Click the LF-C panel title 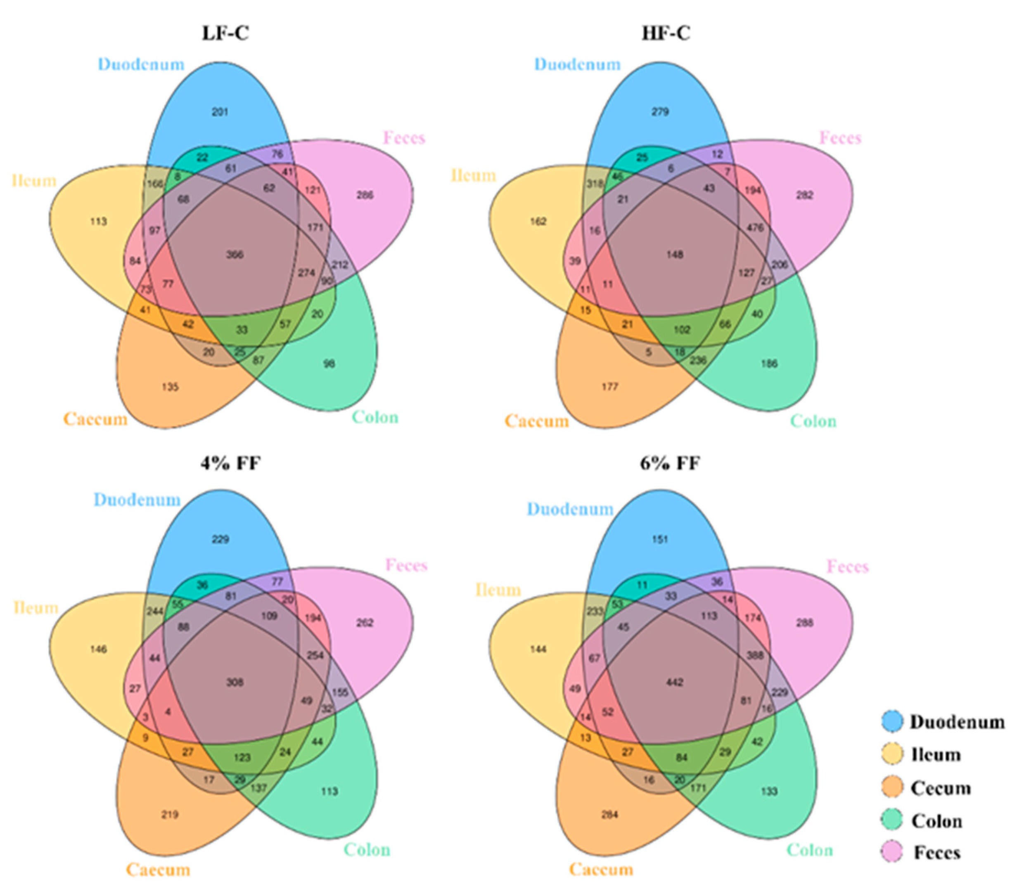click(225, 33)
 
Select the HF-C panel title click(666, 33)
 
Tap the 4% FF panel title click(230, 463)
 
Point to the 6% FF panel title click(670, 463)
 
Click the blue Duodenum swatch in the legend click(892, 722)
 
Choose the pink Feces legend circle click(892, 853)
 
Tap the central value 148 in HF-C click(675, 255)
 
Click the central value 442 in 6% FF click(675, 682)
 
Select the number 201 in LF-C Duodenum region click(220, 112)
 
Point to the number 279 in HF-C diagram click(660, 112)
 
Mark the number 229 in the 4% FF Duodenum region click(220, 539)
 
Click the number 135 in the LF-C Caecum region click(170, 387)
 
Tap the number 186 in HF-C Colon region click(769, 364)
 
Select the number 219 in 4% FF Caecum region click(170, 815)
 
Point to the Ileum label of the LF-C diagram click(34, 180)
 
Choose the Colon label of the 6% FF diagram click(810, 850)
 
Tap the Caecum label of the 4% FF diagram click(158, 870)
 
